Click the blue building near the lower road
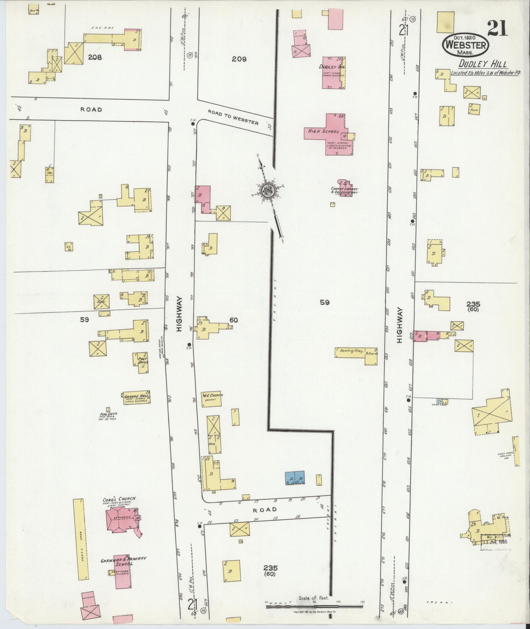295,477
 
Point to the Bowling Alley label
352,351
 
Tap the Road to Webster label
233,117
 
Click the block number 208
95,57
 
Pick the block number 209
239,59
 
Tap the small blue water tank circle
439,401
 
